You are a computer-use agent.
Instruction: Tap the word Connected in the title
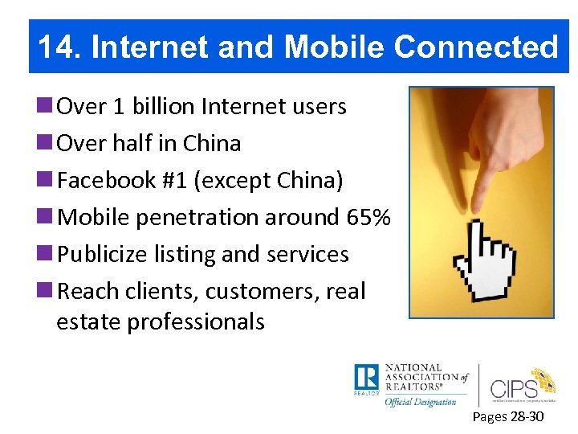475,47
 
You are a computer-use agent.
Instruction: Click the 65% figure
368,217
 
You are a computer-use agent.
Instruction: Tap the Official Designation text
420,402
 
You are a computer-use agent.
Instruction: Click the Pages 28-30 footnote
508,417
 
